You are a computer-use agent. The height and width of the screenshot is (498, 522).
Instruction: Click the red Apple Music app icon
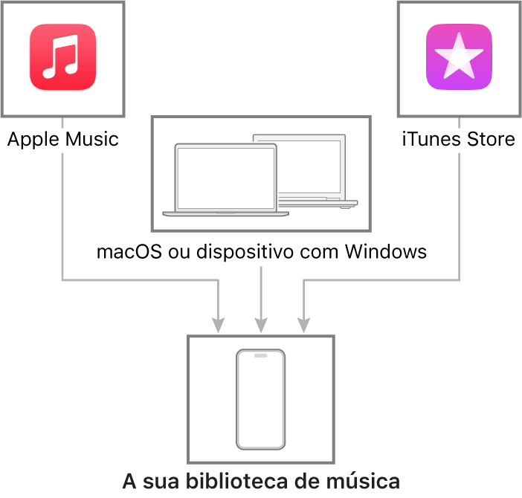point(63,57)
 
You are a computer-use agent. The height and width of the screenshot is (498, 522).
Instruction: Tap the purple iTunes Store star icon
point(459,57)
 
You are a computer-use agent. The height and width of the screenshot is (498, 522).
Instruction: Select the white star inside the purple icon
point(459,56)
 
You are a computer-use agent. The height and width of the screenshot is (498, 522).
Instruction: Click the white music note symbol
point(61,56)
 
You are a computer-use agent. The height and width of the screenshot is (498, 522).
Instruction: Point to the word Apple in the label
point(33,140)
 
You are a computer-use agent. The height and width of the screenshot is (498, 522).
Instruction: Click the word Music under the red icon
point(92,139)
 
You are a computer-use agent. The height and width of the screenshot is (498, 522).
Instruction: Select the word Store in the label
point(491,139)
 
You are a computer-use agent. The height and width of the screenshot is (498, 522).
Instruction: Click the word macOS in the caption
point(129,251)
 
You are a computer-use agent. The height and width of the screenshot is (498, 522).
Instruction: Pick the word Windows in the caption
point(385,251)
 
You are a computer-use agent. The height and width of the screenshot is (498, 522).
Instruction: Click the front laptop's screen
point(226,178)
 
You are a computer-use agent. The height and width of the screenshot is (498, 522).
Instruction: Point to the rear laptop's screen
point(309,166)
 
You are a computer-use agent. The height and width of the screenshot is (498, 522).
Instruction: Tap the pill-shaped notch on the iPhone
point(261,355)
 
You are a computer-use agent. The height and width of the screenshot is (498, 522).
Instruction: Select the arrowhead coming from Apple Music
point(218,325)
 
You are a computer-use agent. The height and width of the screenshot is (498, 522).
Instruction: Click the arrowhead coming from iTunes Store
point(303,325)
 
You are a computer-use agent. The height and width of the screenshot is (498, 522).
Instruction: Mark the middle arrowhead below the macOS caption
point(261,325)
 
